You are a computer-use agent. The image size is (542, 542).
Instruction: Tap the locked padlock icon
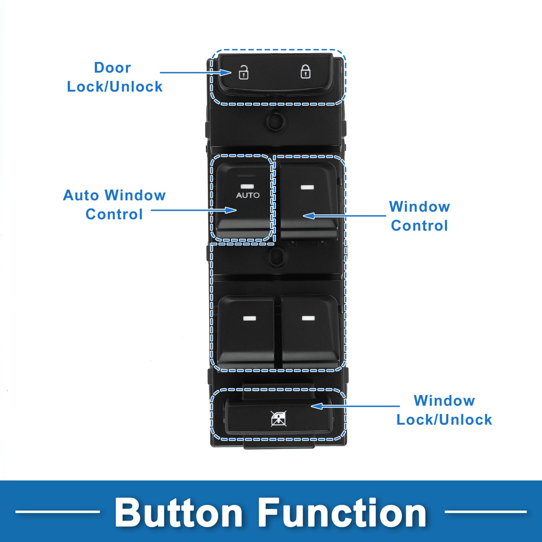306,72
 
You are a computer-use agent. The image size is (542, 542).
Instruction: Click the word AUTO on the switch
248,195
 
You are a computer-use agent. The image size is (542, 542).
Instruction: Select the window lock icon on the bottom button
279,419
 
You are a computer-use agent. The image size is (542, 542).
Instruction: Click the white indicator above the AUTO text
247,186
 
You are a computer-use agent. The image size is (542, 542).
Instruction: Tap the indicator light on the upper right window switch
307,187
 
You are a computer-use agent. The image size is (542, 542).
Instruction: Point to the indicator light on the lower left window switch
250,318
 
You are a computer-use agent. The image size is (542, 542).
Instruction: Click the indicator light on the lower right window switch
308,318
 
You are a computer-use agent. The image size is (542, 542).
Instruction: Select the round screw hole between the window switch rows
277,256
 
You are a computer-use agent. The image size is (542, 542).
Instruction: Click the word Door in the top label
113,68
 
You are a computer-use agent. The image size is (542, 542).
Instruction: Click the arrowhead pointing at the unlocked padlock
225,73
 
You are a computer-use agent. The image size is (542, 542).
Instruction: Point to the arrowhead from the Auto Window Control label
231,210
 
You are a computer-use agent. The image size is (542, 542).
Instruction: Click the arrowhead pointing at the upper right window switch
309,216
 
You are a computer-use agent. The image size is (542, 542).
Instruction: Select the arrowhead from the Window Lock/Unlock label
317,406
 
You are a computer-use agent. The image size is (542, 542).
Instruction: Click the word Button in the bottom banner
178,513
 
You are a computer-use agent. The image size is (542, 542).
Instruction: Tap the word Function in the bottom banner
343,513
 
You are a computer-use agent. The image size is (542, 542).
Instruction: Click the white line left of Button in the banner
58,512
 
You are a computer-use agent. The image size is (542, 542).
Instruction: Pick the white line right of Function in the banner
486,512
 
